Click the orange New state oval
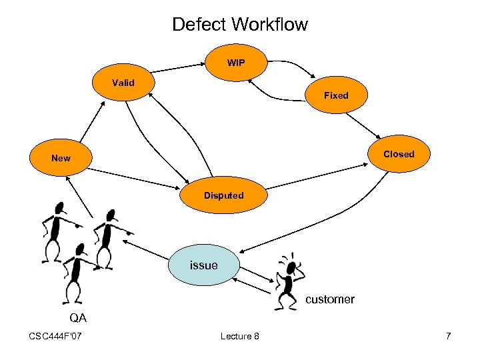[x=61, y=157]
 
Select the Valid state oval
[x=123, y=83]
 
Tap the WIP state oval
[x=236, y=63]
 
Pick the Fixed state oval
[x=337, y=95]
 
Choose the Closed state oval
[x=399, y=154]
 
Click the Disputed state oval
[x=223, y=195]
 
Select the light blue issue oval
[x=204, y=265]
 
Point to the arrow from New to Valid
[x=93, y=122]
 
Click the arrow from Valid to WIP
[x=178, y=68]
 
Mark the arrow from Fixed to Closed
[x=363, y=126]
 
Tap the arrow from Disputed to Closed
[x=317, y=176]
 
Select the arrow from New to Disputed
[x=134, y=179]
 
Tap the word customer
[x=330, y=299]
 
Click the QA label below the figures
[x=78, y=318]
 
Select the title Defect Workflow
[x=240, y=24]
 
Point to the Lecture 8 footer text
[x=240, y=336]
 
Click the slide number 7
[x=449, y=336]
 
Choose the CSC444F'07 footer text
[x=55, y=336]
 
